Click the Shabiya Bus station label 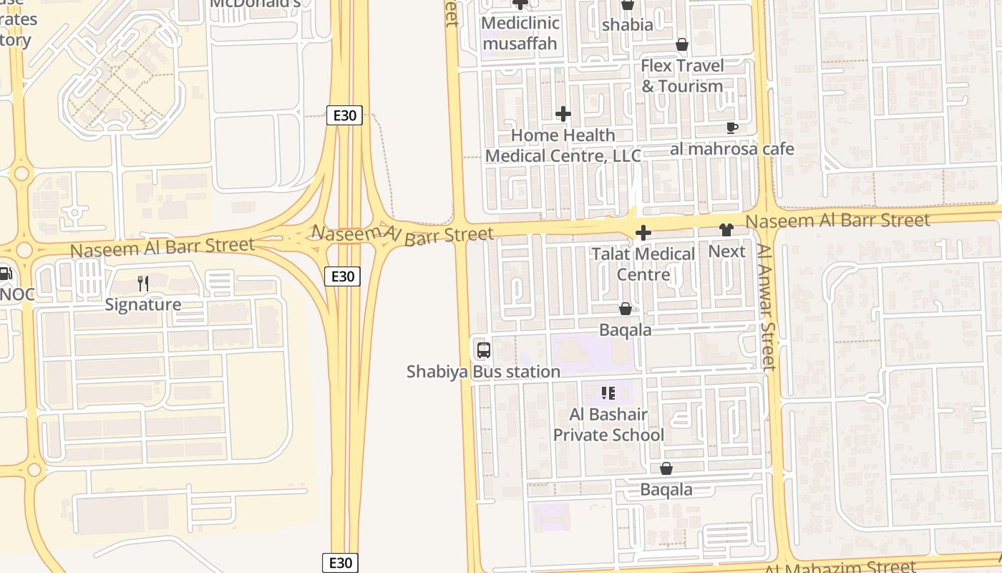point(483,372)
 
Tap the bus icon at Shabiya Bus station point(484,350)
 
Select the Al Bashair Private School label point(608,425)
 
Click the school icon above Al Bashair point(608,393)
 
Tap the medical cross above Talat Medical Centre point(643,233)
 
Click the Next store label point(726,251)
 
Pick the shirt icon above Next point(726,230)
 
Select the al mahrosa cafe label point(732,149)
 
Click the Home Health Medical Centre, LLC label point(563,145)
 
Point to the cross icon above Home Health point(563,114)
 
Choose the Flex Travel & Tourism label point(682,76)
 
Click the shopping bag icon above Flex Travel point(682,45)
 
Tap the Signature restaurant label point(143,304)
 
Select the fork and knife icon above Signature point(143,284)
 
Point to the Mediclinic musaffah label point(520,33)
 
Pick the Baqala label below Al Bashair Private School point(666,490)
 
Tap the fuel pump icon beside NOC point(5,273)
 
